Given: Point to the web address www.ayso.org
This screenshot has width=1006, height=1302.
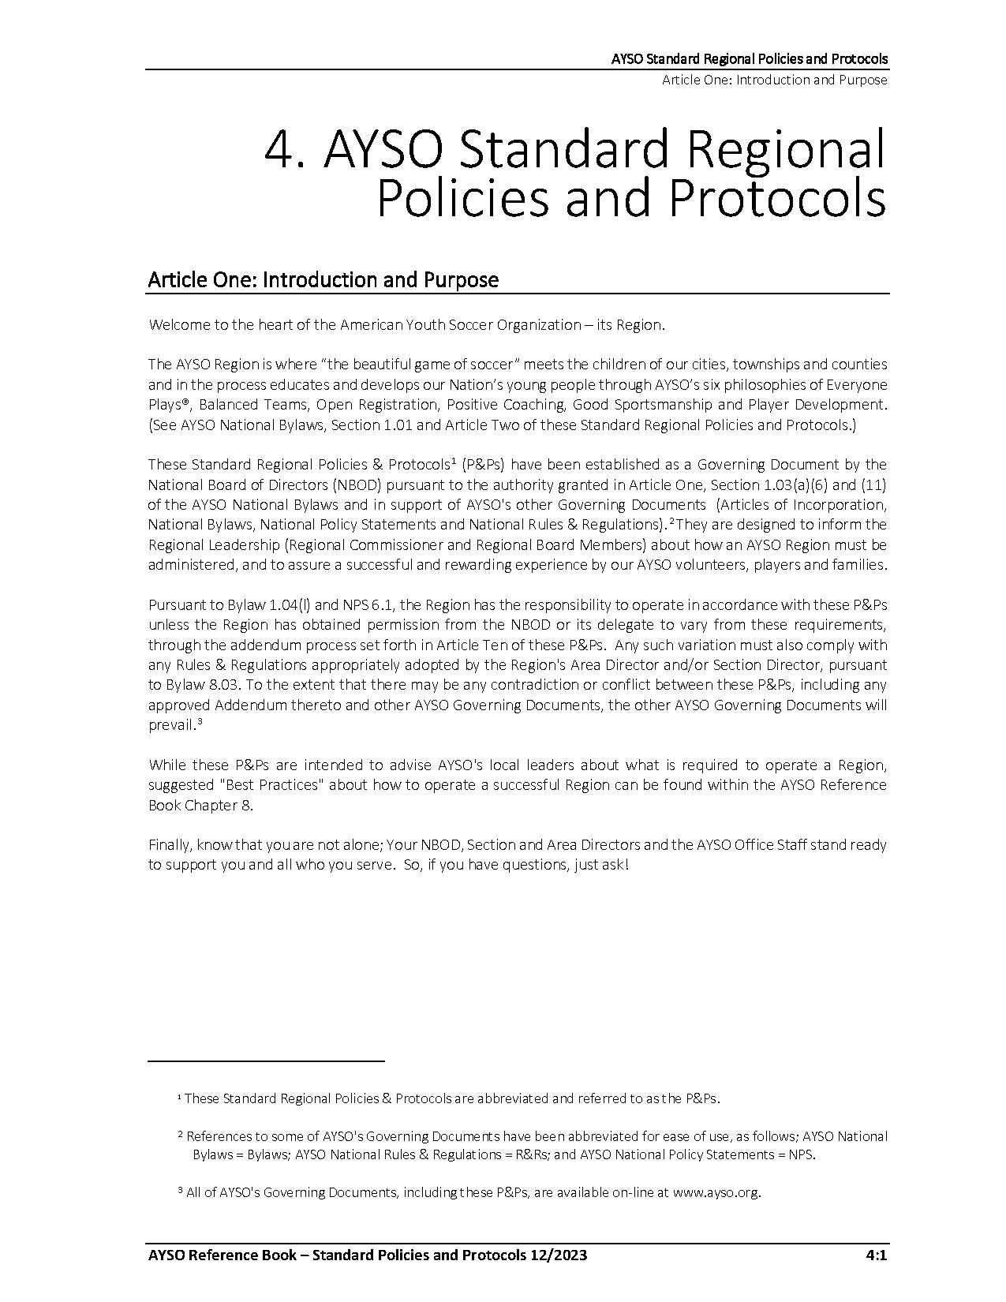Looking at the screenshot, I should click(716, 1192).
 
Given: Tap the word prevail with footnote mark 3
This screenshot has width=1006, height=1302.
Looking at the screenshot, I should click(171, 725).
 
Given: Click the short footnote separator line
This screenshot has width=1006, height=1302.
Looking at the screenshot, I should click(266, 1061).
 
